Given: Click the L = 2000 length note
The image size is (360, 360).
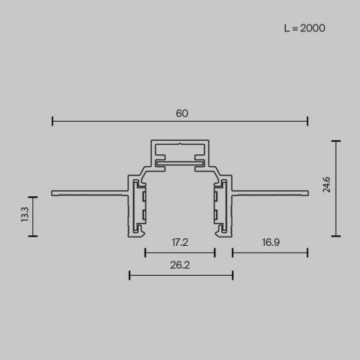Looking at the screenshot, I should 304,28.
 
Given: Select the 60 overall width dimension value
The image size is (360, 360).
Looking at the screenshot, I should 182,113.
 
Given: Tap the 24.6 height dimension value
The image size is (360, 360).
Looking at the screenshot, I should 327,188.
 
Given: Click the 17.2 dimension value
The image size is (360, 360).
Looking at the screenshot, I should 180,243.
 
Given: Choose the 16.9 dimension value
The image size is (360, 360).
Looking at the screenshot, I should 270,243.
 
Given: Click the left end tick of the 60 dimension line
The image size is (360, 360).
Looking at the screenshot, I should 52,120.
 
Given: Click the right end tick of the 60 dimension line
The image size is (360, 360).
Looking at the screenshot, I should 308,120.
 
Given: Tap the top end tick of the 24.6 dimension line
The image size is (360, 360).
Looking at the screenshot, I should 335,140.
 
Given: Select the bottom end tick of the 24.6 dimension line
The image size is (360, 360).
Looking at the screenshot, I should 335,236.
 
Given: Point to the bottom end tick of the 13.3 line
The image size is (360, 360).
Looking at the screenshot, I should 33,236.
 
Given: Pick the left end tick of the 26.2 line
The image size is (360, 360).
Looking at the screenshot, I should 129,274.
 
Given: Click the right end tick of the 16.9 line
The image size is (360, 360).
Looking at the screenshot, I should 308,252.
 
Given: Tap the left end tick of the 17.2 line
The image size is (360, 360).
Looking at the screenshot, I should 146,252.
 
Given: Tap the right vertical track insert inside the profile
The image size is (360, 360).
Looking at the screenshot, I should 221,207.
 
